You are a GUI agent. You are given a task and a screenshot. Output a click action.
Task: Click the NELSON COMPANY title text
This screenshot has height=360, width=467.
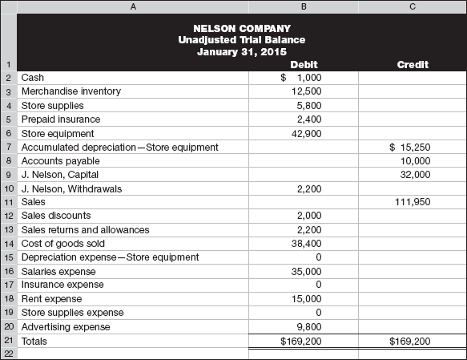coord(242,28)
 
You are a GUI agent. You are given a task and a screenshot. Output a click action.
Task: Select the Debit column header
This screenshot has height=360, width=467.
coord(304,65)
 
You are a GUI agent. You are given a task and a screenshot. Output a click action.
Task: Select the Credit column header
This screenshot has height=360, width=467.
coord(413,65)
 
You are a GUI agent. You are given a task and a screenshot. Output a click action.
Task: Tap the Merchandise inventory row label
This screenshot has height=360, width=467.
coord(71,91)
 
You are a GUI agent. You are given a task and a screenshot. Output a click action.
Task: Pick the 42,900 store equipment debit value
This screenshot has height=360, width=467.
coord(307,133)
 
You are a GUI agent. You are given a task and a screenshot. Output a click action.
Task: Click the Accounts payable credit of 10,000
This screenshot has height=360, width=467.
coord(415,160)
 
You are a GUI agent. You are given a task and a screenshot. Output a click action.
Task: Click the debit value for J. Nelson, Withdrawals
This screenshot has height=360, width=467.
coord(309,188)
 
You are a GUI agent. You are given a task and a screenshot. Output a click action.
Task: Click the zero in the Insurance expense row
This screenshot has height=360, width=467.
coord(318,285)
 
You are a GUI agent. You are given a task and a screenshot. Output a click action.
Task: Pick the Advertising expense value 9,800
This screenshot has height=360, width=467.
coord(309,327)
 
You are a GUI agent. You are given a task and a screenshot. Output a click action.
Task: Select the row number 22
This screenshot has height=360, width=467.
coord(8,354)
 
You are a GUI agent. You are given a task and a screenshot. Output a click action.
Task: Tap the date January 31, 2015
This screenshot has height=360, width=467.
coord(242,53)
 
